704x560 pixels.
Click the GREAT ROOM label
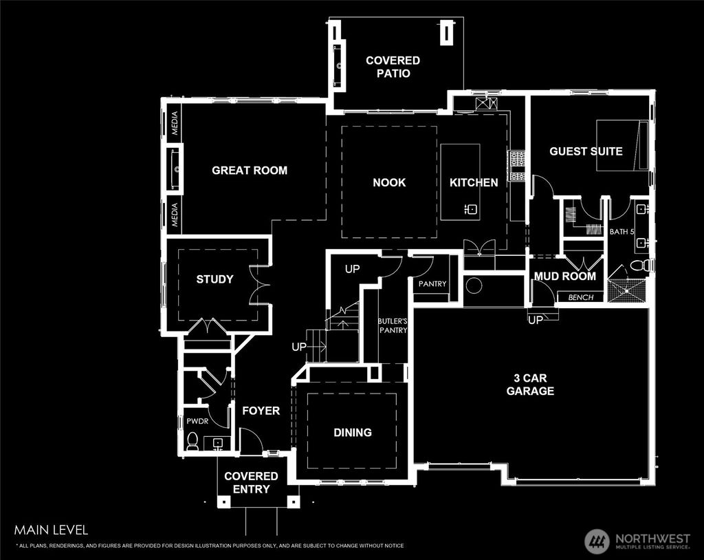[250, 170]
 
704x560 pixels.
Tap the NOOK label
[389, 182]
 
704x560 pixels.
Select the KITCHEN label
[474, 182]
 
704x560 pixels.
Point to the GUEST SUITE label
[586, 151]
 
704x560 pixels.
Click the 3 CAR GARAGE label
[530, 385]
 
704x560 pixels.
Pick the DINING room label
[353, 432]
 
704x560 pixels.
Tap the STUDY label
[214, 279]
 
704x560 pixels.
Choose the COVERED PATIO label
[393, 67]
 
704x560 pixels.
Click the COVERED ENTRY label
[251, 482]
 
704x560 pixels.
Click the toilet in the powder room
[192, 440]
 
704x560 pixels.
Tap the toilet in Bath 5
[637, 266]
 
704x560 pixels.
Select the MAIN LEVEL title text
[51, 530]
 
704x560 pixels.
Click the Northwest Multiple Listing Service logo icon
[597, 540]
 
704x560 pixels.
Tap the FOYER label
[261, 411]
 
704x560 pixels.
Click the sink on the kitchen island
[472, 208]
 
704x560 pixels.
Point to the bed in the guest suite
[621, 144]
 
